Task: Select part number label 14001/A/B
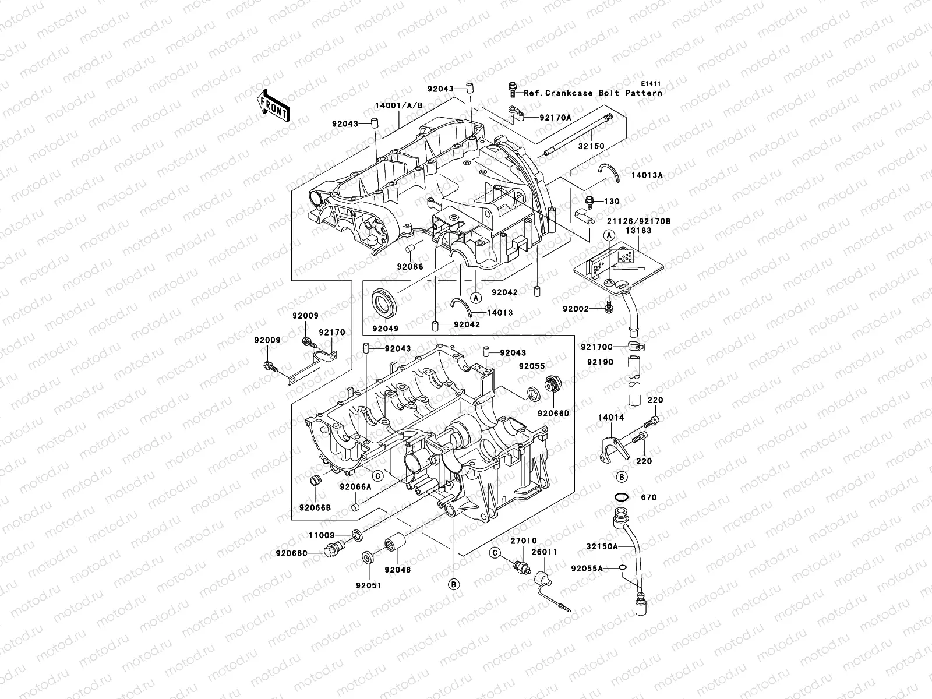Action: click(415, 105)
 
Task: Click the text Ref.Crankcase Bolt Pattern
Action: click(593, 93)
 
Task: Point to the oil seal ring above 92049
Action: click(384, 302)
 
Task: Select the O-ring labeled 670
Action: click(621, 497)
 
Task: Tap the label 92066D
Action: click(553, 412)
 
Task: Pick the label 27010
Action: click(523, 541)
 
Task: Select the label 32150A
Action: click(602, 547)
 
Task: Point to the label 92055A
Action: click(587, 568)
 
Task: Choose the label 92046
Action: click(397, 569)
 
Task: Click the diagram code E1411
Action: click(651, 84)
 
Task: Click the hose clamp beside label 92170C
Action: click(637, 348)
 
